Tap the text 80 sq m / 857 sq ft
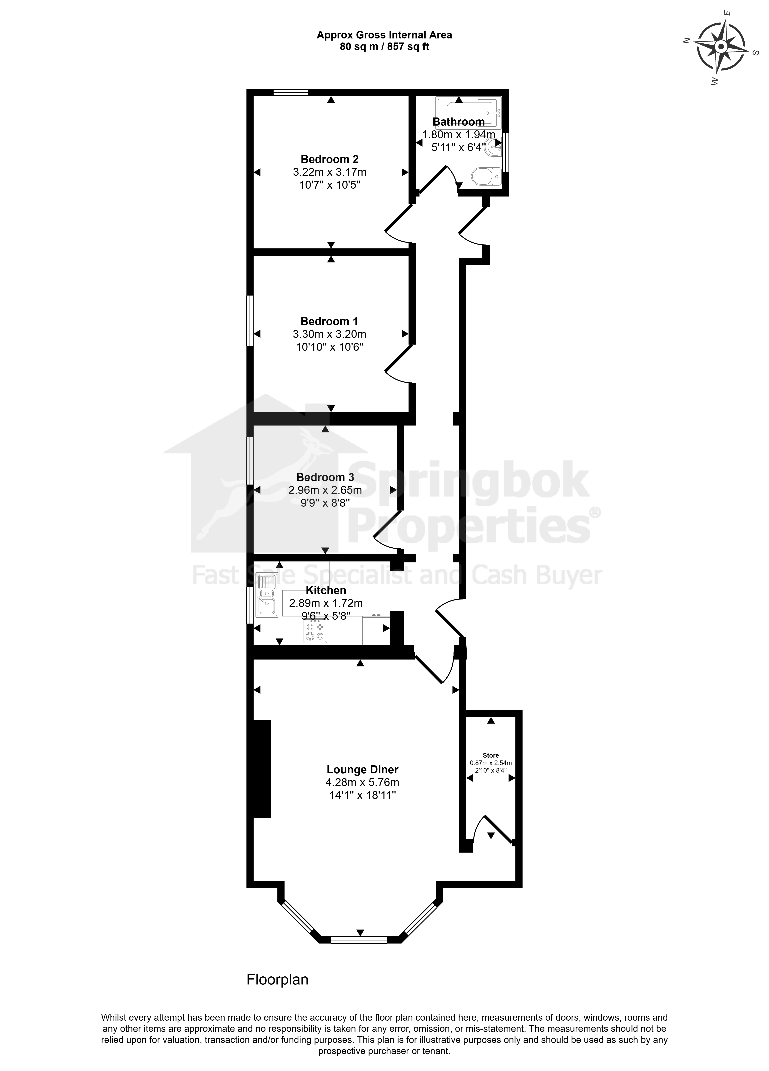(x=384, y=47)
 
